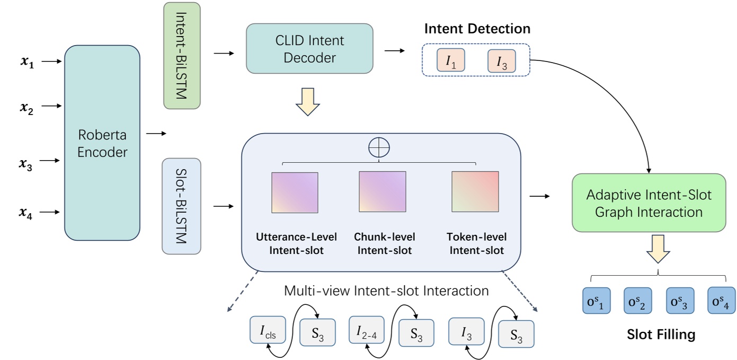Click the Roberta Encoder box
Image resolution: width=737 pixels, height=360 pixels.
point(102,143)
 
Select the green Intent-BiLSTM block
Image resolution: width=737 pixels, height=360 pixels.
point(182,56)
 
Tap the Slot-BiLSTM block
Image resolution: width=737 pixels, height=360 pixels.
point(181,206)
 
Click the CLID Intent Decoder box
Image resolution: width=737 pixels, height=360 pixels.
point(309,48)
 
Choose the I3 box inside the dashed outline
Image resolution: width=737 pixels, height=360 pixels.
point(501,61)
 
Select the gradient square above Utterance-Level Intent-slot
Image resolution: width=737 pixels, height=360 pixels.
point(295,192)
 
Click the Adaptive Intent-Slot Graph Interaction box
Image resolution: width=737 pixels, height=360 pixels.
point(649,203)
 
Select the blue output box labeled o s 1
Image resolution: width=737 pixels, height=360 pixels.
point(597,301)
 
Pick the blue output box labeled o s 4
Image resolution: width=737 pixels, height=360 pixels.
point(721,301)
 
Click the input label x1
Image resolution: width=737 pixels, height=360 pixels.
point(26,62)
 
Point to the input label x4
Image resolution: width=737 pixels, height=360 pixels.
point(26,213)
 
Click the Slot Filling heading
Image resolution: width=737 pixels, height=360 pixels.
point(660,335)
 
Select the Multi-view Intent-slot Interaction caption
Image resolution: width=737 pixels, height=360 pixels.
point(386,291)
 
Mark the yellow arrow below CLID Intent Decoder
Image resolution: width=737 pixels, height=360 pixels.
point(308,102)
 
